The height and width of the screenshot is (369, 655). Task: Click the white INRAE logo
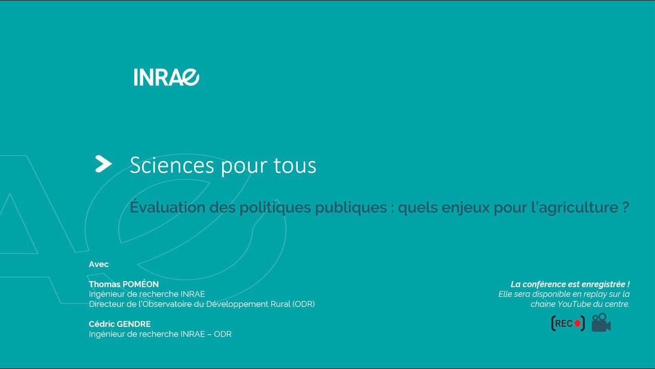pyautogui.click(x=166, y=77)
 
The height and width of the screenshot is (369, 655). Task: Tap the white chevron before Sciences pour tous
pyautogui.click(x=103, y=164)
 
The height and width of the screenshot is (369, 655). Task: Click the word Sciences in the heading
pyautogui.click(x=172, y=165)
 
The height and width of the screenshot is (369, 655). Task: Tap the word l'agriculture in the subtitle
pyautogui.click(x=579, y=208)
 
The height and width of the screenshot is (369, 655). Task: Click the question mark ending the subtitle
pyautogui.click(x=626, y=208)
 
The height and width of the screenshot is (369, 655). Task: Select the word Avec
pyautogui.click(x=99, y=264)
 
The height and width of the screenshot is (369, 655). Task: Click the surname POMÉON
pyautogui.click(x=141, y=284)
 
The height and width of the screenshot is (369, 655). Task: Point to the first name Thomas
pyautogui.click(x=105, y=284)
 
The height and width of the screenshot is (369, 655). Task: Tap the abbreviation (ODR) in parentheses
pyautogui.click(x=303, y=304)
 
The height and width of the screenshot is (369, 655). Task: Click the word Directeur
pyautogui.click(x=106, y=304)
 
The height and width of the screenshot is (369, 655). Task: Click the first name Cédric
pyautogui.click(x=101, y=324)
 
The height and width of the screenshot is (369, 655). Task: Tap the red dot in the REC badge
pyautogui.click(x=577, y=323)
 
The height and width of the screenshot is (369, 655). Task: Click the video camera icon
pyautogui.click(x=601, y=323)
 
